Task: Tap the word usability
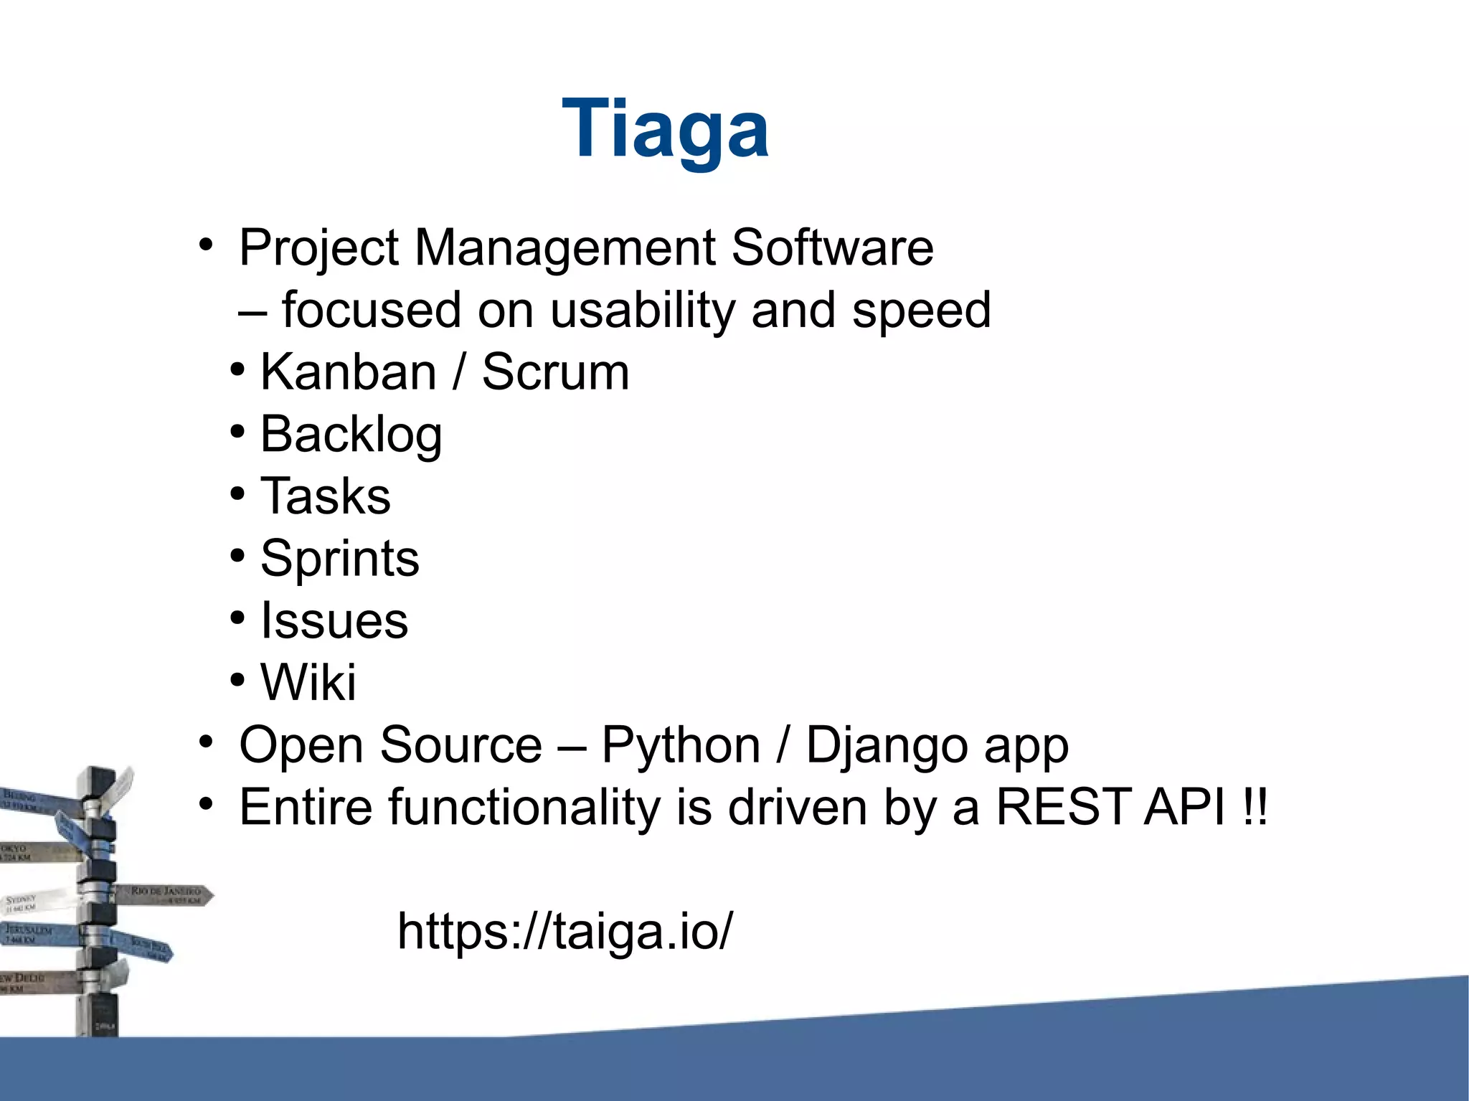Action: pyautogui.click(x=643, y=311)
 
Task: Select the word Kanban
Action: pyautogui.click(x=348, y=372)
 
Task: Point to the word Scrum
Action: pyautogui.click(x=555, y=372)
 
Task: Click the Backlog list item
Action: pyautogui.click(x=351, y=435)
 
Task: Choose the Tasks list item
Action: pyautogui.click(x=325, y=496)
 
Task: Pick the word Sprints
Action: pyautogui.click(x=339, y=559)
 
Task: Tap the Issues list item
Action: pyautogui.click(x=334, y=620)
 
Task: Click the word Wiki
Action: pyautogui.click(x=308, y=682)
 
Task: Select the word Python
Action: pyautogui.click(x=680, y=745)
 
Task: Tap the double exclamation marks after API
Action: pyautogui.click(x=1255, y=808)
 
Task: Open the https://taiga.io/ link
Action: pyautogui.click(x=565, y=931)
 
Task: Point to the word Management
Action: pyautogui.click(x=565, y=248)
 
